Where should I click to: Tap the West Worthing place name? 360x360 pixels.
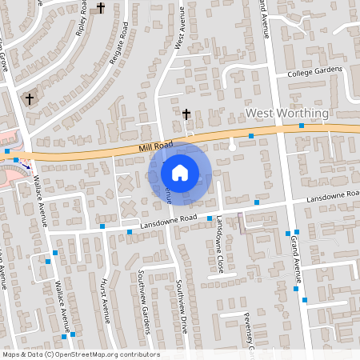[x=286, y=114]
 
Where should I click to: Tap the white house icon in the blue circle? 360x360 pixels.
[x=180, y=173]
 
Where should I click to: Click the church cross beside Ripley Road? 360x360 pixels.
[x=101, y=9]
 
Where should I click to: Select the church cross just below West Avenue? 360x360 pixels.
[x=186, y=114]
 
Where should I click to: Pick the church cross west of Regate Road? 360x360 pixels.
[x=30, y=99]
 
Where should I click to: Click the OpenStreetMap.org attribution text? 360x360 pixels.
[x=80, y=354]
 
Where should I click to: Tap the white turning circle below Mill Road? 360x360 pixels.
[x=232, y=146]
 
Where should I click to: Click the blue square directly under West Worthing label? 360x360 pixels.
[x=251, y=137]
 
